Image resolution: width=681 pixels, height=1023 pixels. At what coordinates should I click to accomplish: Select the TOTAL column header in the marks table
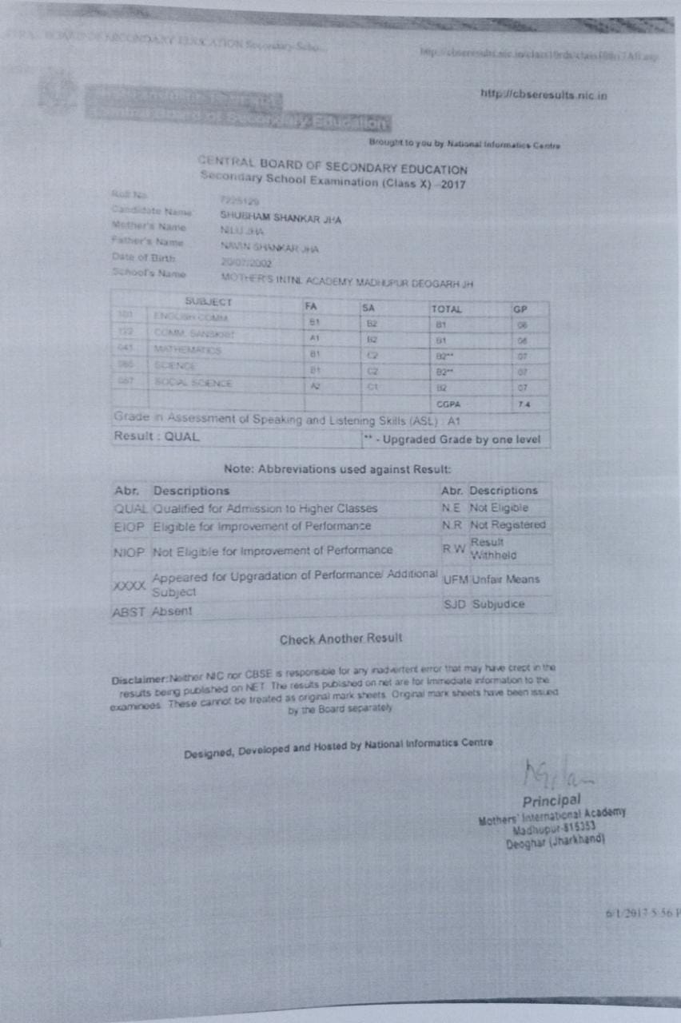click(447, 308)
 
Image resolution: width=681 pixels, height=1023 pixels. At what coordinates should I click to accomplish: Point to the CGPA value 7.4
click(521, 405)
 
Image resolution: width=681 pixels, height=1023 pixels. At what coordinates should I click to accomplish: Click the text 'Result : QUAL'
click(157, 436)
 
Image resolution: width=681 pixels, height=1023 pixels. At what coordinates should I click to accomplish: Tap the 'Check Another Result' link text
click(340, 639)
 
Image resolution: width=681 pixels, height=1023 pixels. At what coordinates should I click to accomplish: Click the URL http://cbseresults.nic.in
click(544, 96)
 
